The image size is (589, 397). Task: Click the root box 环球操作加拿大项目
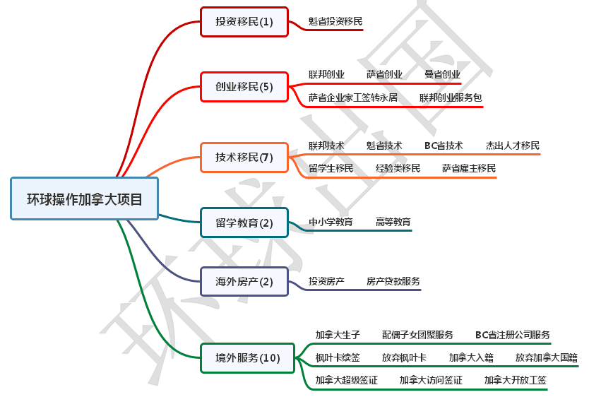point(85,198)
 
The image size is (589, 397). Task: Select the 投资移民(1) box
point(244,22)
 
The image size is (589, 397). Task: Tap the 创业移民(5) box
point(244,87)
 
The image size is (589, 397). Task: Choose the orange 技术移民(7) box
point(244,158)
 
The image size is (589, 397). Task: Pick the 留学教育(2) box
point(244,223)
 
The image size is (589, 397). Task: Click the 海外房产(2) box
point(244,282)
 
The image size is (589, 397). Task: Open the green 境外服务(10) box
point(248,358)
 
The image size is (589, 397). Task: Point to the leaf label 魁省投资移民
point(335,21)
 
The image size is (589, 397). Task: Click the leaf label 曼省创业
point(442,74)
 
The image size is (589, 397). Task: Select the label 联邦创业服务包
point(451,97)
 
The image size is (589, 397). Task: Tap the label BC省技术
point(444,146)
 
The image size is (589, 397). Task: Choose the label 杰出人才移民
point(513,146)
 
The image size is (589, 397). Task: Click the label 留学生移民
point(331,168)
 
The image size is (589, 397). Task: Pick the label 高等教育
point(393,222)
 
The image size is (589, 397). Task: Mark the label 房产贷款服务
point(393,281)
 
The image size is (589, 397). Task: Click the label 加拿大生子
point(338,335)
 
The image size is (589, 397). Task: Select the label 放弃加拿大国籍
point(546,357)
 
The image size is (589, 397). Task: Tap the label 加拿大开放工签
point(516,380)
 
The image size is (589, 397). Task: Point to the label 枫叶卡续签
point(338,357)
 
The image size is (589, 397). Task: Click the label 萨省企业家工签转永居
point(353,97)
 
